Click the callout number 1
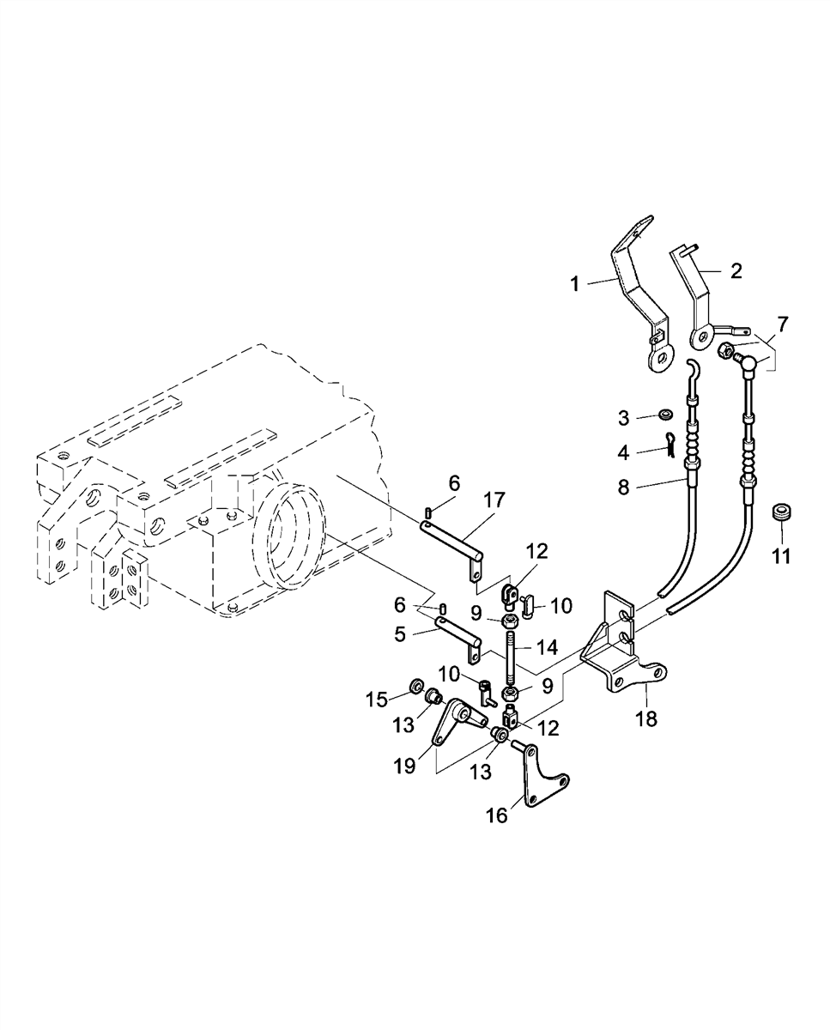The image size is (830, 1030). coord(575,284)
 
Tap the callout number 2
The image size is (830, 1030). coord(736,270)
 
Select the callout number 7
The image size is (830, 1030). coord(782,324)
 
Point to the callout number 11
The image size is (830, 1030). coord(781,557)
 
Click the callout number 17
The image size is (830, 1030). coord(494,500)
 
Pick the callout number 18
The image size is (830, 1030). coord(646,732)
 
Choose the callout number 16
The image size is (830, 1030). coord(497,815)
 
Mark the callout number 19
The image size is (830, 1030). coord(404,766)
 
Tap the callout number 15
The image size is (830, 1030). coord(376,700)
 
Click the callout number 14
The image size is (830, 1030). coord(547,647)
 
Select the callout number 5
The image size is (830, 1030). coord(400,634)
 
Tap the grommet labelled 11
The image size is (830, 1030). coord(782,512)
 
